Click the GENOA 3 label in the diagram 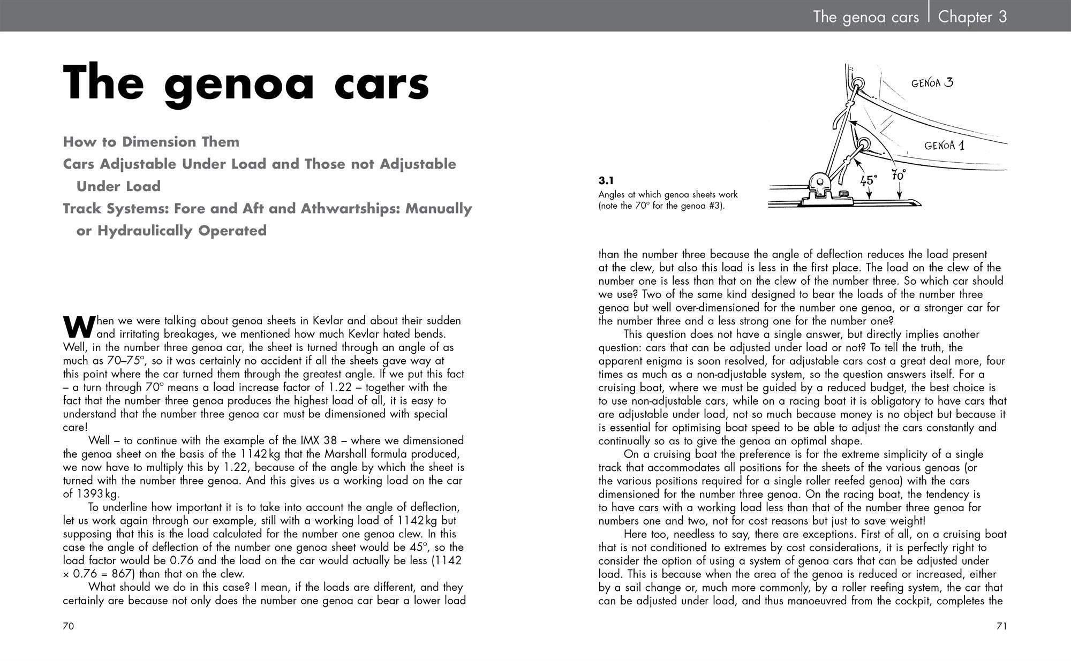pos(932,82)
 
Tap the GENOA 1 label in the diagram pos(944,145)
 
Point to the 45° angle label pos(869,180)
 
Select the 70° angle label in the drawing pos(899,175)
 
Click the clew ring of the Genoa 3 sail pos(857,84)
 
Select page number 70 pos(69,626)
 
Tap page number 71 pos(1001,626)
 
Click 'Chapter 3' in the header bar pos(972,17)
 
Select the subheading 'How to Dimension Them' pos(151,142)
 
